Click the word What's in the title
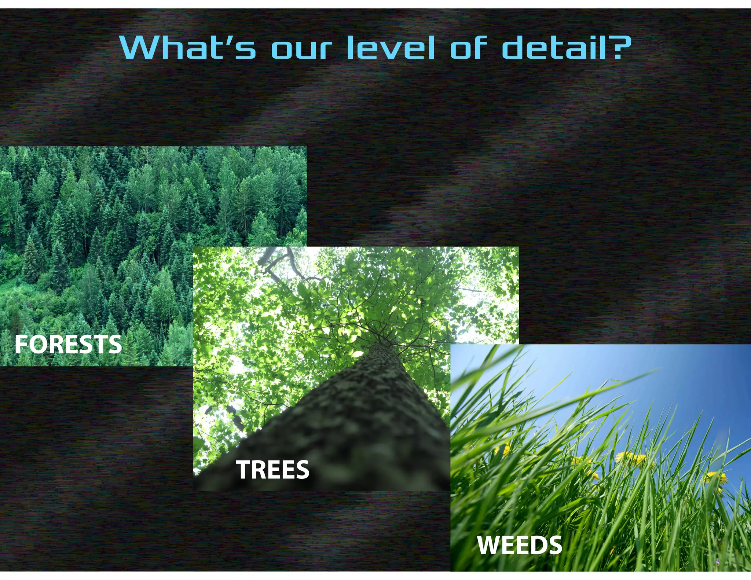click(187, 48)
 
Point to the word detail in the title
click(554, 48)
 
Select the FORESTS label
click(68, 345)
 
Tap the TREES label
click(272, 470)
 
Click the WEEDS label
click(519, 545)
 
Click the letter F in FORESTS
click(21, 345)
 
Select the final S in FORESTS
click(114, 345)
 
